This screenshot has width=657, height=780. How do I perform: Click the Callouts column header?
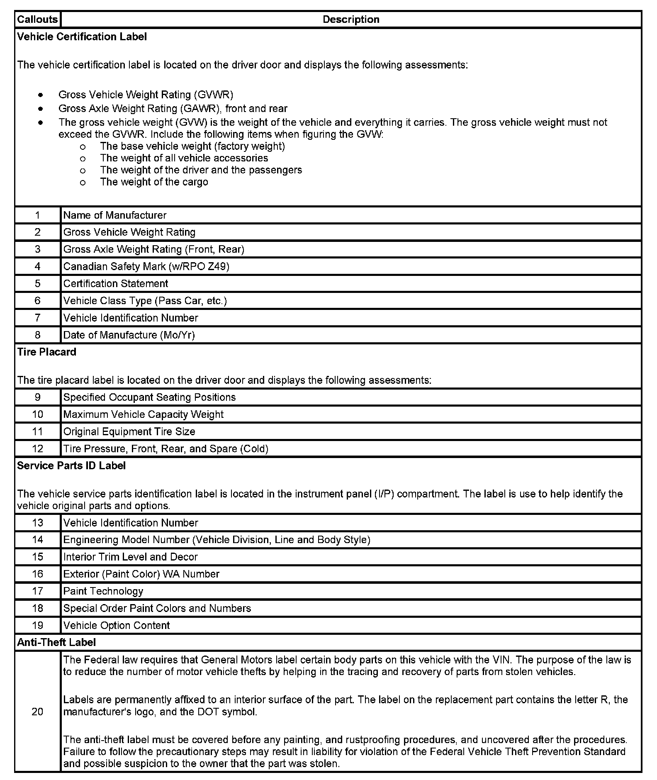coord(37,19)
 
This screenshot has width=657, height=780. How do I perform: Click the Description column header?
coord(350,19)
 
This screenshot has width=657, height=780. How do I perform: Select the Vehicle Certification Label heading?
coord(82,37)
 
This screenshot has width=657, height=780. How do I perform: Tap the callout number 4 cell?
coord(37,266)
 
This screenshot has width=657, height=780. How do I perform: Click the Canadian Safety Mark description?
coord(146,266)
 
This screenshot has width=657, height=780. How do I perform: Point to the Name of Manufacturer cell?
coord(114,215)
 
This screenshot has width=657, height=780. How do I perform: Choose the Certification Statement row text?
coord(115,284)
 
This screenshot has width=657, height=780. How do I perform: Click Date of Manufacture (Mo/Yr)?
coord(129,335)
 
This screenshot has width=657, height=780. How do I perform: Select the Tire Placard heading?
coord(46,352)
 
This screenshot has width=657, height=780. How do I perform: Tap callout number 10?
coord(37,414)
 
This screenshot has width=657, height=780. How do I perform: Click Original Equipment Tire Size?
coord(129,431)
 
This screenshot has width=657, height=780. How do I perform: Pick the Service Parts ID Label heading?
coord(71,466)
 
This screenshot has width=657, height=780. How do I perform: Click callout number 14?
coord(37,540)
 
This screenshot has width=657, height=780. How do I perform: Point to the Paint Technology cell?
coord(103,591)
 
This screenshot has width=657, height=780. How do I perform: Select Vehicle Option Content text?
coord(116,625)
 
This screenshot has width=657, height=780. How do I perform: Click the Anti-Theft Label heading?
coord(56,643)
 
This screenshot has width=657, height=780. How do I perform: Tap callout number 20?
coord(37,712)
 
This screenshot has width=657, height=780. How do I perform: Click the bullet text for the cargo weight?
coord(154,182)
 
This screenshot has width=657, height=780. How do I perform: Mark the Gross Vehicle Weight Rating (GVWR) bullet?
coord(146,95)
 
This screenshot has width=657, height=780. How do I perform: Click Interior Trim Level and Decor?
coord(130,557)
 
